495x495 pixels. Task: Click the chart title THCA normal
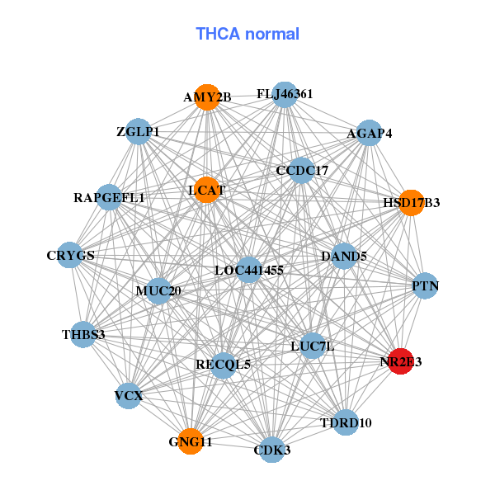[x=247, y=34]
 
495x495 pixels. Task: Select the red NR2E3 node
[x=400, y=361]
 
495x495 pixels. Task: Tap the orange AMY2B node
[x=207, y=97]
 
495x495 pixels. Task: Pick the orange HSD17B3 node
[x=411, y=202]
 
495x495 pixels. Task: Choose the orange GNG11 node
[x=191, y=441]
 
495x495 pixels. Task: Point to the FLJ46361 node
[x=285, y=94]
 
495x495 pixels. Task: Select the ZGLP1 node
[x=138, y=132]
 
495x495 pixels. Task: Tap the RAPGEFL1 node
[x=109, y=197]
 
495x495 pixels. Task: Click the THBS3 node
[x=83, y=334]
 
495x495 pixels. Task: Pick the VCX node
[x=129, y=396]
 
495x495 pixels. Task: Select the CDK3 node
[x=272, y=450]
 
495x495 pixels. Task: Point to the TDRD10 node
[x=346, y=422]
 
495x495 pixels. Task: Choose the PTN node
[x=425, y=286]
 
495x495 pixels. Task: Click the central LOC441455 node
[x=249, y=270]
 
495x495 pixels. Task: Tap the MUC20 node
[x=158, y=290]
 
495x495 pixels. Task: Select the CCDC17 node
[x=302, y=171]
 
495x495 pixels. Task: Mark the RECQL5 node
[x=224, y=364]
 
